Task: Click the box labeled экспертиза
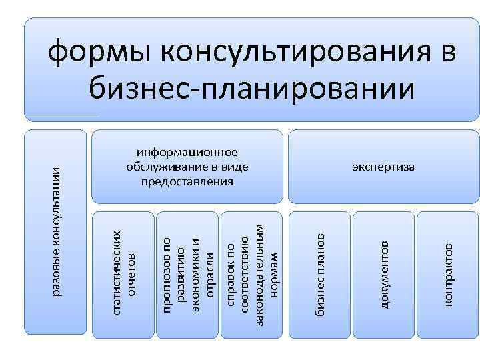pos(383,166)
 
